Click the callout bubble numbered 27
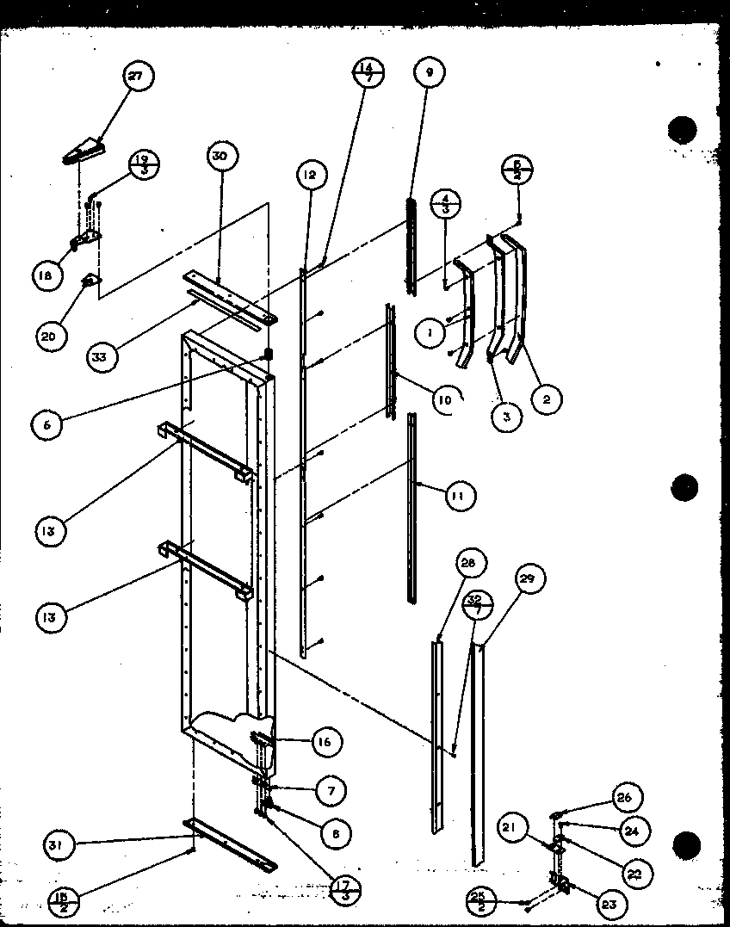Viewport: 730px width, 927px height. (135, 77)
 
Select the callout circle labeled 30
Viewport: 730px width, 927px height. (221, 156)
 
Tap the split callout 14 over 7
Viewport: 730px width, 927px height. (367, 71)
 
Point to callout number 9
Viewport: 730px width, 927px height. (429, 72)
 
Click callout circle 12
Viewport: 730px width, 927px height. (308, 176)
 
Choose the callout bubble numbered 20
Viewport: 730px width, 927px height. (49, 336)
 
